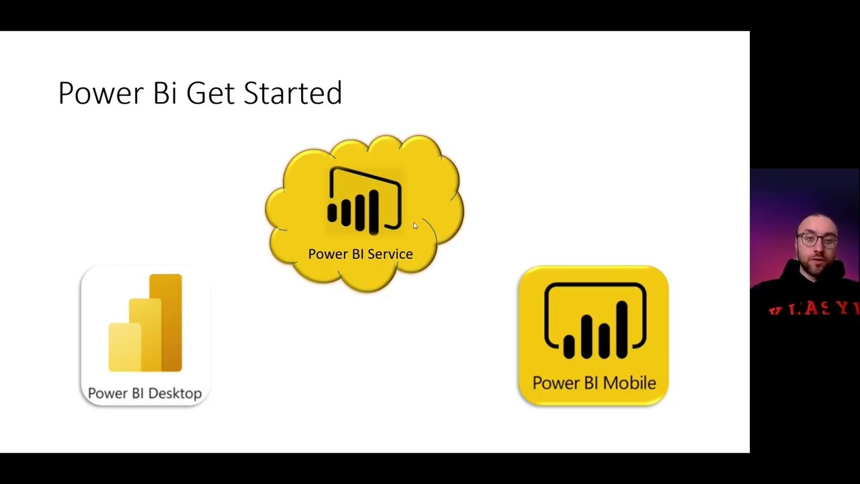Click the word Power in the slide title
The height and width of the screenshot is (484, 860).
[x=101, y=93]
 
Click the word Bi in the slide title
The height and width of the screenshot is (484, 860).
[x=165, y=93]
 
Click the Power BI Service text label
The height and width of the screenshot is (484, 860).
[x=360, y=254]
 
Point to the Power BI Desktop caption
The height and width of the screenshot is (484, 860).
[x=144, y=393]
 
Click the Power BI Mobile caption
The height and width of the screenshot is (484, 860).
[x=594, y=383]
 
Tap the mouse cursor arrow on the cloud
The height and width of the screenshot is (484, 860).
[x=415, y=226]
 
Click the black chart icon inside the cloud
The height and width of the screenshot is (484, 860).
[x=364, y=201]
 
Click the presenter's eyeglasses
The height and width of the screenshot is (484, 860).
[x=816, y=239]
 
